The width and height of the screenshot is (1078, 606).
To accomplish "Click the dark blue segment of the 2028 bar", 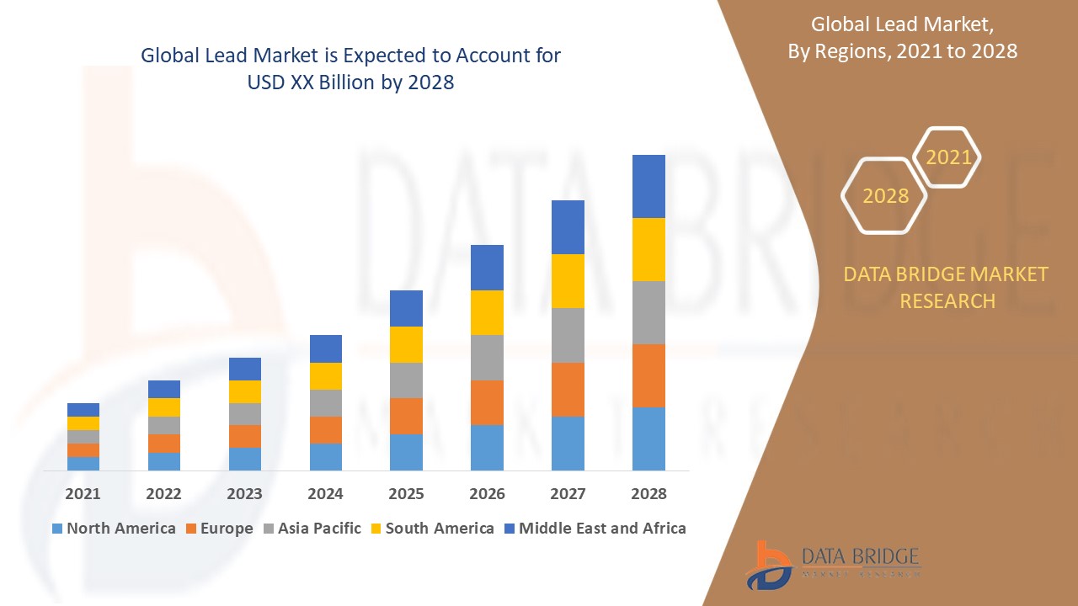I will [x=648, y=186].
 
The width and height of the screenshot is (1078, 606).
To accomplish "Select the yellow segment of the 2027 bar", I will [x=568, y=280].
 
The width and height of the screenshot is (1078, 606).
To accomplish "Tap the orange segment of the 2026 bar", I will [x=487, y=402].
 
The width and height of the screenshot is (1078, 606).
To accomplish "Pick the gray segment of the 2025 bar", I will [x=406, y=380].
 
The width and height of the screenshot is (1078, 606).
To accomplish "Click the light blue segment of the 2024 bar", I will [x=326, y=456].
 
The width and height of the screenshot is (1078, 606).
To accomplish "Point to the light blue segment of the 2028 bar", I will [x=648, y=439].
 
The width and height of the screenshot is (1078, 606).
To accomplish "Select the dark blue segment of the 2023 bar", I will [x=245, y=369].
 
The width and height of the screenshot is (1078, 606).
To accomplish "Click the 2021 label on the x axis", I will [x=83, y=494].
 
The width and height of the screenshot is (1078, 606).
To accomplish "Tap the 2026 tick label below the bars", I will [x=487, y=494].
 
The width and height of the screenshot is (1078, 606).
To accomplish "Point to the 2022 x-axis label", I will [x=163, y=494].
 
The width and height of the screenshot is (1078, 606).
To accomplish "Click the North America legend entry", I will [x=114, y=529].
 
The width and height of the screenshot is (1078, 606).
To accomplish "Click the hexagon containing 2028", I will [x=884, y=195].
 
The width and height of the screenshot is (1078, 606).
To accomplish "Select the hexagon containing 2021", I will [x=947, y=157].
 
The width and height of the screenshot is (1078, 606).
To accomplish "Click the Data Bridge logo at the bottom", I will [x=832, y=563].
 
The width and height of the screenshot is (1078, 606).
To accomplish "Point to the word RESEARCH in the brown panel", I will [x=947, y=300].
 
